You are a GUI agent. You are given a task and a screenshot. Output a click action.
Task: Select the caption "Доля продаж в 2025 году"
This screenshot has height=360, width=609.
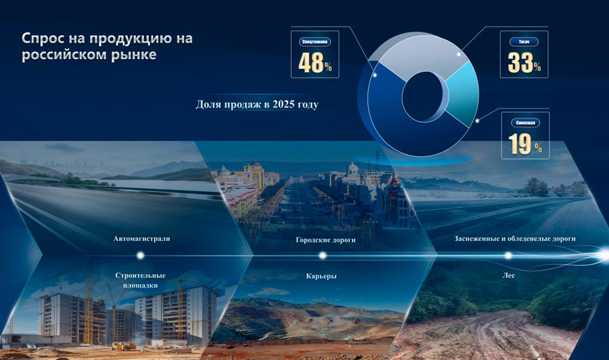tap(257, 105)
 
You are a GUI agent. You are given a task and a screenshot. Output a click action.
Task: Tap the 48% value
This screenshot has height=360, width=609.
tap(315, 62)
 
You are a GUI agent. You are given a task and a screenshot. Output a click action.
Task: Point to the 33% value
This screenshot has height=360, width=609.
tap(524, 62)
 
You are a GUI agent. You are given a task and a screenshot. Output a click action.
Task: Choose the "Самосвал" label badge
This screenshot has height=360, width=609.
tap(524, 123)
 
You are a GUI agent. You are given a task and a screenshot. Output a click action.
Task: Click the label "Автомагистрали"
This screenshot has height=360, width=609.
tap(142, 239)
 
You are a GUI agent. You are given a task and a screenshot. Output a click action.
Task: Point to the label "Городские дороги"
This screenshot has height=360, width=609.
tap(326, 240)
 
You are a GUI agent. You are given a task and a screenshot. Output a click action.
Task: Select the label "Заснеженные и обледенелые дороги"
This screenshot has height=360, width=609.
tap(515, 239)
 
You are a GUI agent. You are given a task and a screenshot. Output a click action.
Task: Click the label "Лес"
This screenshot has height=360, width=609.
tap(508, 276)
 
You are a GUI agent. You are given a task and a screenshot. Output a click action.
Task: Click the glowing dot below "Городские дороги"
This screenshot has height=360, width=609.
tap(323, 255)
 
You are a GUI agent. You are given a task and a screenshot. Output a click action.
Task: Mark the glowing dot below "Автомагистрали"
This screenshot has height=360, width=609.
tap(141, 255)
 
